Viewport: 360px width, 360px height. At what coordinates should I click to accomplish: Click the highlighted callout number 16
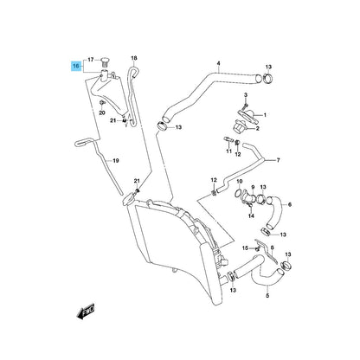pos(76,67)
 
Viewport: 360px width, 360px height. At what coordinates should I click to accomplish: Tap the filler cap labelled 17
pos(104,62)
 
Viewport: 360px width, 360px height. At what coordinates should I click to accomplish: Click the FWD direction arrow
pos(86,311)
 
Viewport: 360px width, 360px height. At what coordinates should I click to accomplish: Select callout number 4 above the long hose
pos(218,63)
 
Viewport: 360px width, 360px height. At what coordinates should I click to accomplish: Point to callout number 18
pos(134,58)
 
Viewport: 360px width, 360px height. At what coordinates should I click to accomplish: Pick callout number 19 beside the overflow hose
pos(116,161)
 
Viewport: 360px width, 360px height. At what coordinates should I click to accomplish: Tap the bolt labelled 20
pos(102,103)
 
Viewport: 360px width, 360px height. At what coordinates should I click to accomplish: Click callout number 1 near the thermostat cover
pos(265,115)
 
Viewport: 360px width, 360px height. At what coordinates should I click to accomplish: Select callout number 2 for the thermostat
pos(258,128)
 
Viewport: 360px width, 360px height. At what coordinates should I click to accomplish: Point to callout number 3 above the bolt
pos(246,95)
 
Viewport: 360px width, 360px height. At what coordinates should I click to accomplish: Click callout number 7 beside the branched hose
pos(278,160)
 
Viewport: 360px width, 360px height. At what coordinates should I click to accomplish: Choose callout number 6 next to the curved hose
pos(290,204)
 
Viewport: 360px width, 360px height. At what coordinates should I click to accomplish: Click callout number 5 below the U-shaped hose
pos(267,296)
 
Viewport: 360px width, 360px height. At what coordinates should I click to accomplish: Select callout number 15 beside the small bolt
pos(245,247)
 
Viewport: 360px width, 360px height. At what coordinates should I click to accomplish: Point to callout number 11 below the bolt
pos(228,151)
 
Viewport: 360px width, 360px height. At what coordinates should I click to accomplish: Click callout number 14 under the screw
pos(251,215)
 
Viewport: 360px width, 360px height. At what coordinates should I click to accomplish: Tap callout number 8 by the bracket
pos(273,247)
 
